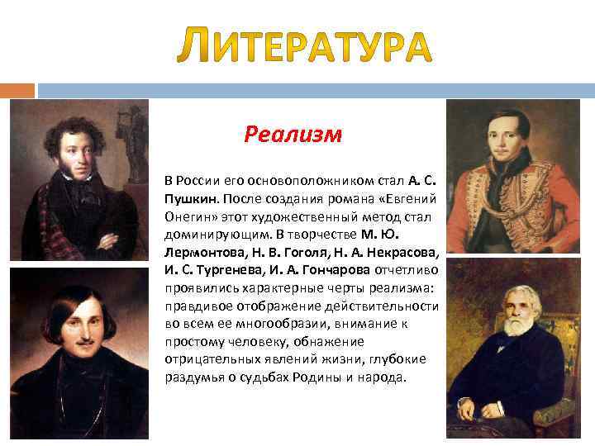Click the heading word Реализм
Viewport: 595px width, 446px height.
293,134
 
